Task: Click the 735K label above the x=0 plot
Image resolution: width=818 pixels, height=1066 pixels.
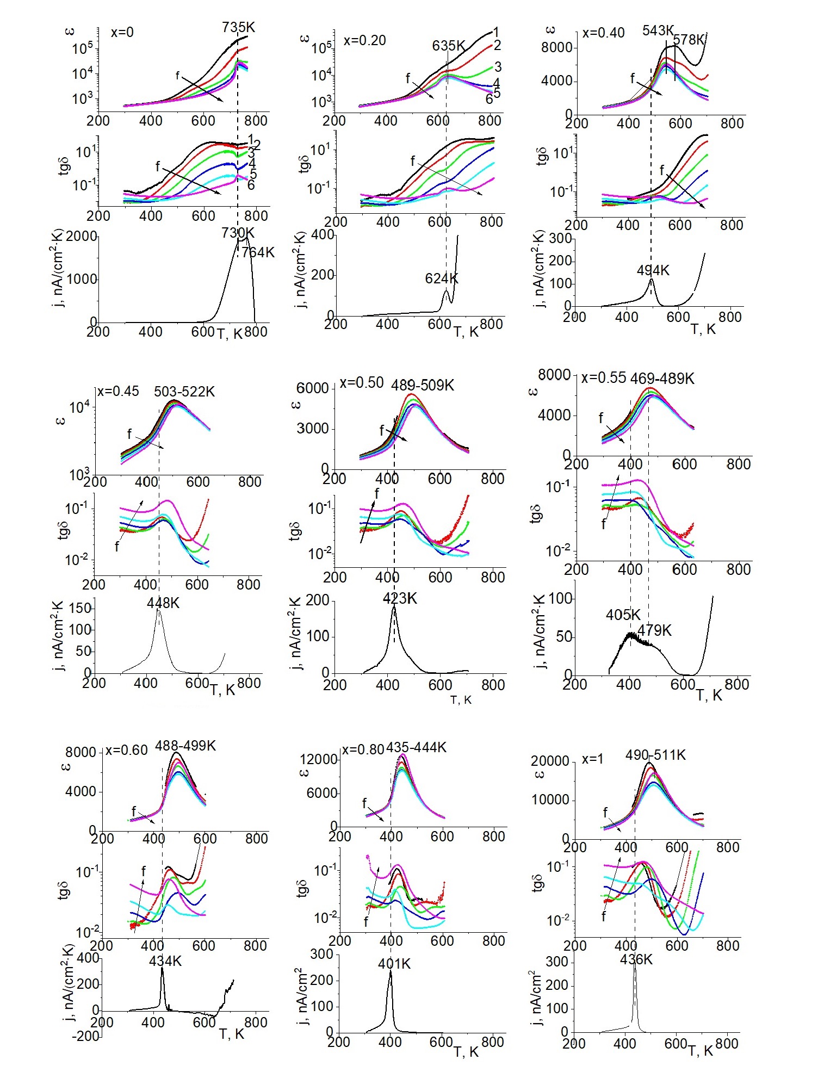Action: coord(238,27)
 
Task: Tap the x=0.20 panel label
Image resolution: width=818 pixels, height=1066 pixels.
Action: coord(364,40)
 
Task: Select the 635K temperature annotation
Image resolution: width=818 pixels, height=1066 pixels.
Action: coord(449,46)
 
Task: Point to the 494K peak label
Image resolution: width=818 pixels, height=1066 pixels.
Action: coord(653,270)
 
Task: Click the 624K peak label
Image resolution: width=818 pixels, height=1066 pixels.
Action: coord(442,278)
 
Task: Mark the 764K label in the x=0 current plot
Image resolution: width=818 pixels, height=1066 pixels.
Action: coord(258,252)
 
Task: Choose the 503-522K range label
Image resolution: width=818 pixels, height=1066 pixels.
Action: coord(184,392)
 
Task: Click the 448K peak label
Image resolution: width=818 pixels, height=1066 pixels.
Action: coord(163,603)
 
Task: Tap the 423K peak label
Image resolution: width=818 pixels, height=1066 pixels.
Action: coord(400,599)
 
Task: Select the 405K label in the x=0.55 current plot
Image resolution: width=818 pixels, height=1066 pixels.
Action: coord(623,615)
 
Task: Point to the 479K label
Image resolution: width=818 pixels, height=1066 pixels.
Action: coord(654,630)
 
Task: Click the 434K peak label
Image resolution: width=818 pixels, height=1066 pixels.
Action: coord(165,961)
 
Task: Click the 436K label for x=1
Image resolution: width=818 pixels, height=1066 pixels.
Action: coord(636,959)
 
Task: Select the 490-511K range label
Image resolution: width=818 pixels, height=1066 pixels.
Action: coord(655,755)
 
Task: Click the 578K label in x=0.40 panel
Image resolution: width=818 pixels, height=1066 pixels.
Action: coord(688,40)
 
